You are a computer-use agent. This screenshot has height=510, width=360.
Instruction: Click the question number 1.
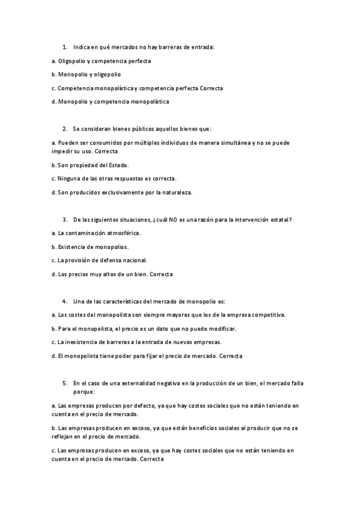tap(64, 46)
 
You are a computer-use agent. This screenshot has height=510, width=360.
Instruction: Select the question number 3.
tap(64, 220)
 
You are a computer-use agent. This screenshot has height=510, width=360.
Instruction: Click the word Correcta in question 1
tap(211, 88)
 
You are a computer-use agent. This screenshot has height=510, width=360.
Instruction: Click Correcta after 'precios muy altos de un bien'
tap(160, 274)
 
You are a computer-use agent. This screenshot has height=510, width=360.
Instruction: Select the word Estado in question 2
tap(117, 165)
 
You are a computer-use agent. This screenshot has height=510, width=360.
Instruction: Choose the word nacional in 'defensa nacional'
tap(134, 260)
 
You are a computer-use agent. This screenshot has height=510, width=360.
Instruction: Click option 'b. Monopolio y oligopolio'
tap(87, 74)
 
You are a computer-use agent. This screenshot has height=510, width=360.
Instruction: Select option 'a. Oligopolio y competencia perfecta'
tap(102, 61)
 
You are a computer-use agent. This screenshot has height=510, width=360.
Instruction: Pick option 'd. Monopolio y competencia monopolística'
tap(111, 102)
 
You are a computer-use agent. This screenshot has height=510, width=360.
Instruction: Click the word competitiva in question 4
tap(270, 315)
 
